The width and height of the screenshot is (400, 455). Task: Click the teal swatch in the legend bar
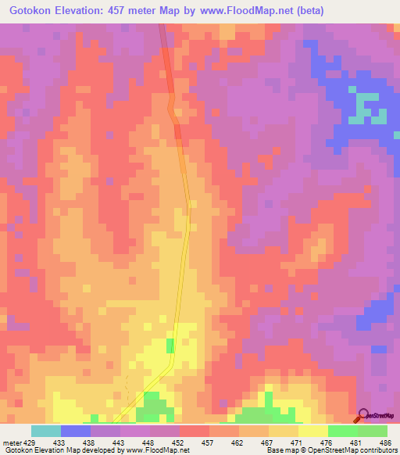[46, 431]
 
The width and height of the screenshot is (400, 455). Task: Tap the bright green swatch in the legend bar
[342, 431]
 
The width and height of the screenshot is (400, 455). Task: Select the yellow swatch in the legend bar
[312, 431]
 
